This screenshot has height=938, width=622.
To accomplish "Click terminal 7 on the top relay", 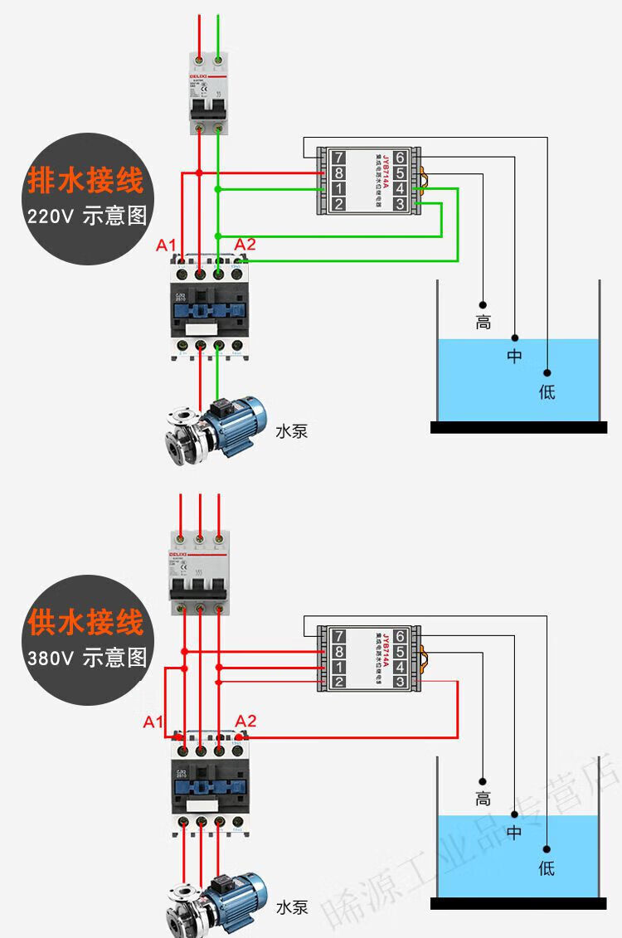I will click(x=338, y=158).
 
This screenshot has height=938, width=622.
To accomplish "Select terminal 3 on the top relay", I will click(x=400, y=204).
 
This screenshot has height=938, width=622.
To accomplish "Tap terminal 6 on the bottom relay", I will click(x=400, y=636).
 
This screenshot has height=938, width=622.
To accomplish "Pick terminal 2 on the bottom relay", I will click(x=338, y=683).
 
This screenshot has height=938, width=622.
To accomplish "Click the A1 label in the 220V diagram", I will click(x=167, y=245).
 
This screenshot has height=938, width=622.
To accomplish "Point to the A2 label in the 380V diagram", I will click(x=246, y=721).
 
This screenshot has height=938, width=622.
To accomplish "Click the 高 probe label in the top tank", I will click(x=484, y=323).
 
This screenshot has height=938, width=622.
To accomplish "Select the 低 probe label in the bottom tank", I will click(x=547, y=868).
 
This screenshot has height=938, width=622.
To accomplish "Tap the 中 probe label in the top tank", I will click(x=515, y=357).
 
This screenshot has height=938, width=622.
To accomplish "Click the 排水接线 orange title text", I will click(x=86, y=180).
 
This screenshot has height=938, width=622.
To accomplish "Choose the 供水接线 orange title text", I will click(x=86, y=621).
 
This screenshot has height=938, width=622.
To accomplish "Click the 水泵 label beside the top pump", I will click(x=291, y=431).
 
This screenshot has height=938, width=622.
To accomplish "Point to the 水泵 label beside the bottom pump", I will click(x=291, y=906).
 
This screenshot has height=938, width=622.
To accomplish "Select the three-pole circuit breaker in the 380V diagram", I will click(x=200, y=571).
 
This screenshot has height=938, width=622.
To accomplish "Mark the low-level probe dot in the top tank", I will click(x=547, y=372).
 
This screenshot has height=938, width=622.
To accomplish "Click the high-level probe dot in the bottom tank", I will click(x=483, y=780).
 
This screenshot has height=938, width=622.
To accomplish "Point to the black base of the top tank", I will click(x=518, y=427).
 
